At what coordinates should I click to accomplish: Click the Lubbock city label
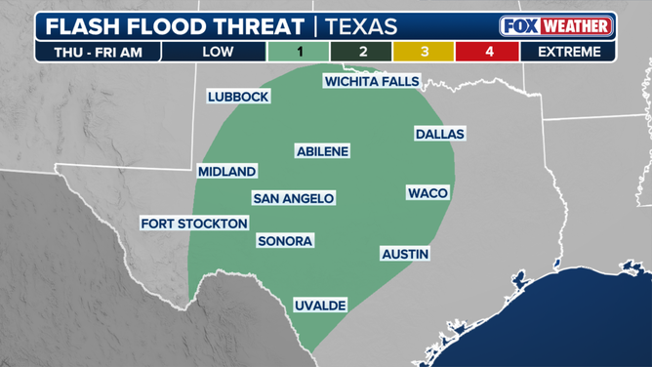pyautogui.click(x=238, y=97)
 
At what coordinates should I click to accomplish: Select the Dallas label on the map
pyautogui.click(x=439, y=134)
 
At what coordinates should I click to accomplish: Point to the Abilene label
pyautogui.click(x=322, y=151)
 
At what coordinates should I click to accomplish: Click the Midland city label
pyautogui.click(x=226, y=172)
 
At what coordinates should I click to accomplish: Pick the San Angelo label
pyautogui.click(x=294, y=198)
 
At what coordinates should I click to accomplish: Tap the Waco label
pyautogui.click(x=428, y=193)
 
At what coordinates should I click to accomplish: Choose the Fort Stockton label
pyautogui.click(x=194, y=224)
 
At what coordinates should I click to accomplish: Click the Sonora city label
pyautogui.click(x=285, y=241)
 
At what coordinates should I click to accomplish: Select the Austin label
pyautogui.click(x=405, y=254)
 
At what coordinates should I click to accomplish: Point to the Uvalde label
pyautogui.click(x=320, y=306)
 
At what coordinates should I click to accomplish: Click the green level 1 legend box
pyautogui.click(x=300, y=52)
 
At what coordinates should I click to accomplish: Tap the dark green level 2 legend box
pyautogui.click(x=363, y=52)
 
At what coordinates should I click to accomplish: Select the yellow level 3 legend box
pyautogui.click(x=426, y=52)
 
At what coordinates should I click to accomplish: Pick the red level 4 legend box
pyautogui.click(x=489, y=52)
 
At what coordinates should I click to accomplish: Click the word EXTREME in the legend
pyautogui.click(x=568, y=52)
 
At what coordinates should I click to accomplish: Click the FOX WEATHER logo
pyautogui.click(x=556, y=25)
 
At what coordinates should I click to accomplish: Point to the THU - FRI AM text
pyautogui.click(x=98, y=52)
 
